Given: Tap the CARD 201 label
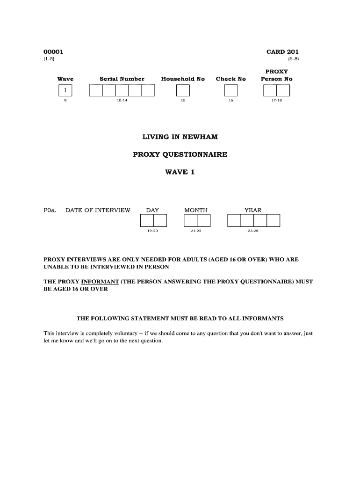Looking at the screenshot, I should click(282, 52).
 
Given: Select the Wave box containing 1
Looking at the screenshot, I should click(65, 90).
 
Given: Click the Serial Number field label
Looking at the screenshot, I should click(122, 79).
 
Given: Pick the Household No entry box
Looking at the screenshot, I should click(183, 90).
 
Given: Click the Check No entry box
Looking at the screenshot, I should click(230, 90).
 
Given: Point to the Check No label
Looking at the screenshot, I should click(230, 79).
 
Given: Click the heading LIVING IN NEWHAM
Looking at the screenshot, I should click(180, 137).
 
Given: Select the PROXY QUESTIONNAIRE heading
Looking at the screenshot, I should click(180, 154).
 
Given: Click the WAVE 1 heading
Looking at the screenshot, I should click(180, 172).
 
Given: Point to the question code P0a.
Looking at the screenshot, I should click(50, 210).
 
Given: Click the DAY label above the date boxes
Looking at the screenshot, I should click(152, 210).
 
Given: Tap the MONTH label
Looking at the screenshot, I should click(196, 210).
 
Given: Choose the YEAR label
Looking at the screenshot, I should click(253, 210).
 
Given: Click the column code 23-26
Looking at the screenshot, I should click(253, 232).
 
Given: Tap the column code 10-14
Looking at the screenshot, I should click(122, 101).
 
